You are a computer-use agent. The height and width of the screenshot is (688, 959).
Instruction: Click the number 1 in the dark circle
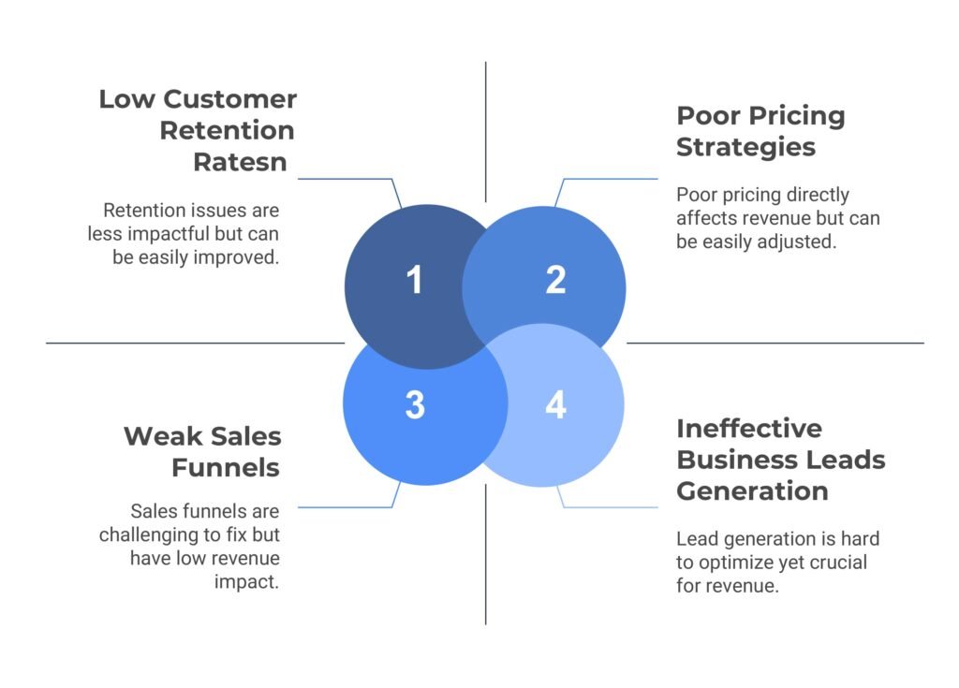(414, 280)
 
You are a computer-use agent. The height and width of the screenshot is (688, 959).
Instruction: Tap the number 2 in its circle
(555, 280)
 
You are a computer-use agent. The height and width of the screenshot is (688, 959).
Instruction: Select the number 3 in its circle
(415, 405)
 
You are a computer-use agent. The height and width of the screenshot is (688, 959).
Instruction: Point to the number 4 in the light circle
(555, 405)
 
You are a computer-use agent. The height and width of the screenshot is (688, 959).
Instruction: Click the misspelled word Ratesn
(240, 162)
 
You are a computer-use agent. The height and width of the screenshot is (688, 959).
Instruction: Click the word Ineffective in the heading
(749, 429)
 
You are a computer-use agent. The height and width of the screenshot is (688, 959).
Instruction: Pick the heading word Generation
(753, 490)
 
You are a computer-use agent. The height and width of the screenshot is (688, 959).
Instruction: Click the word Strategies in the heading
(745, 147)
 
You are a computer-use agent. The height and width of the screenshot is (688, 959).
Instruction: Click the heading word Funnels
(228, 466)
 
